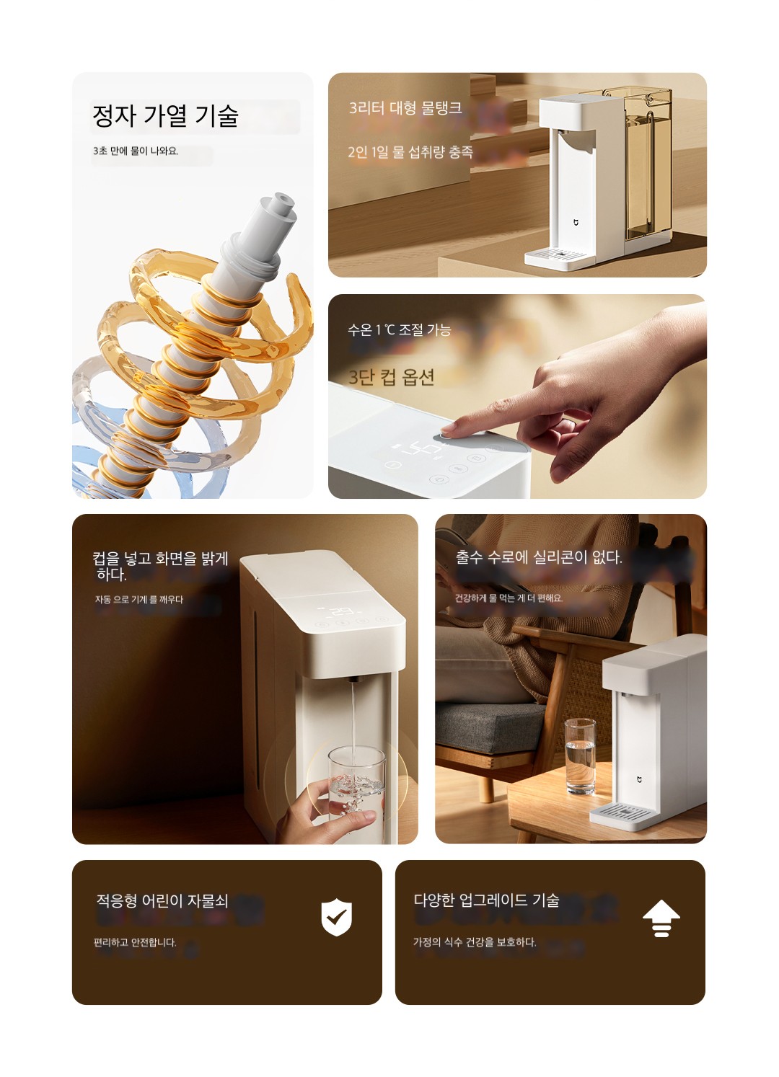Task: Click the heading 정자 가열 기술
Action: click(165, 116)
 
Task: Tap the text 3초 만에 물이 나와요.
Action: click(136, 151)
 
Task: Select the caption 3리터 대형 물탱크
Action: click(405, 107)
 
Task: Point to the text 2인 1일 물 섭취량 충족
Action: click(410, 152)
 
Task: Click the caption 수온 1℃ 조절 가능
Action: click(400, 330)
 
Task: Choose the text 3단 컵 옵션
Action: click(391, 377)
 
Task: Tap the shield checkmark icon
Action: click(336, 917)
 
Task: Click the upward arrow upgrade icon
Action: click(661, 918)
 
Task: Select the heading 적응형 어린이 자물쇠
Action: click(162, 900)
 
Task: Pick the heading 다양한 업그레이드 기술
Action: click(486, 900)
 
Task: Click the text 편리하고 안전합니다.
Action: click(135, 942)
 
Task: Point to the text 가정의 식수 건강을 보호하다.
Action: click(475, 942)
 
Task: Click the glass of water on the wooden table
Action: click(580, 756)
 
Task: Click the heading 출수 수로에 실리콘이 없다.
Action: click(539, 558)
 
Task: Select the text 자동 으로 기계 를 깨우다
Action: click(139, 600)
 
